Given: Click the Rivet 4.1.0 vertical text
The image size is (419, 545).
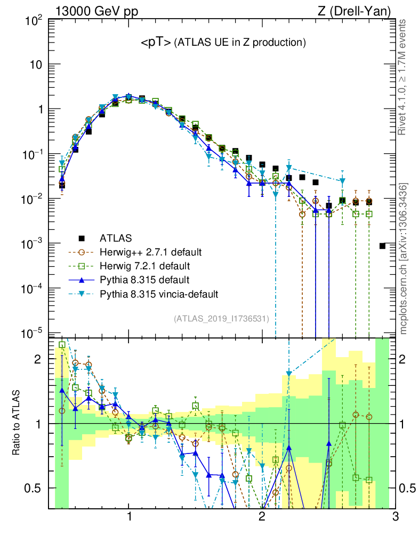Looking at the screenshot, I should [x=402, y=77].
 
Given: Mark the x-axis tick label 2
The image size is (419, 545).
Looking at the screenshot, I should [x=261, y=517].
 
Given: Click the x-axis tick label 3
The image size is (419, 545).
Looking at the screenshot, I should [x=394, y=517].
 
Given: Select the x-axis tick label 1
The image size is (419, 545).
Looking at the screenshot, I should [x=129, y=517].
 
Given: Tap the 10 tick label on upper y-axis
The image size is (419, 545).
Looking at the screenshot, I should [x=36, y=65].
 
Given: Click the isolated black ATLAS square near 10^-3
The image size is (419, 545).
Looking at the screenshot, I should [x=383, y=246].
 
